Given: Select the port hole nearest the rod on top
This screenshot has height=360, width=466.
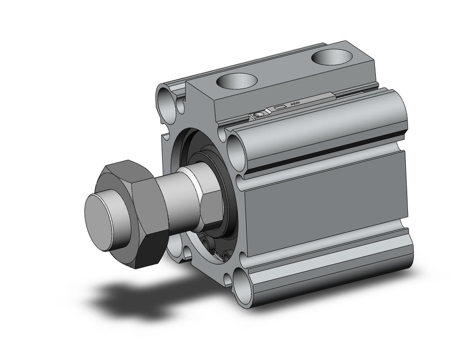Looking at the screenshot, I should pyautogui.click(x=237, y=81).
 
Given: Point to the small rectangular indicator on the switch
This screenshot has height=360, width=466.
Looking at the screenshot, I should pyautogui.click(x=279, y=106).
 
